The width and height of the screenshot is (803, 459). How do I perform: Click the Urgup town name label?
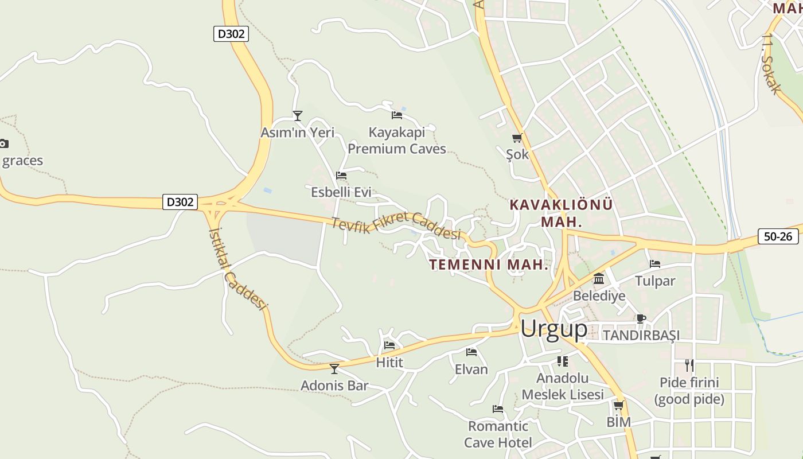(x=553, y=329)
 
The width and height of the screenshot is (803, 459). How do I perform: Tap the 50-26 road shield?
(x=778, y=236)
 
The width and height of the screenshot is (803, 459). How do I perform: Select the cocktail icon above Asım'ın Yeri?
(x=297, y=116)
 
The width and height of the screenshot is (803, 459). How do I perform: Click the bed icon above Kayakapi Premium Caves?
(x=397, y=115)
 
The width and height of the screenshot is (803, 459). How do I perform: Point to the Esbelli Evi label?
(x=341, y=192)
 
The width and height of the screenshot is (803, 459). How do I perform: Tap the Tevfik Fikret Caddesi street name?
(x=396, y=225)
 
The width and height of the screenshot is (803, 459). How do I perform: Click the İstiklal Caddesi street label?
(x=238, y=269)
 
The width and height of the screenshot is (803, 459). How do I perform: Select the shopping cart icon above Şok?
(x=517, y=138)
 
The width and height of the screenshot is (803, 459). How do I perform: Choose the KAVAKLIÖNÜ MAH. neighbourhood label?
(x=561, y=213)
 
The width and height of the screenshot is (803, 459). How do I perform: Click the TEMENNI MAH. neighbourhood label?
(x=489, y=264)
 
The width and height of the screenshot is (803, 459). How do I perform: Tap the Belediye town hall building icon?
(x=599, y=279)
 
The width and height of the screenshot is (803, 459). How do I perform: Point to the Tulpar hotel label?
(x=655, y=281)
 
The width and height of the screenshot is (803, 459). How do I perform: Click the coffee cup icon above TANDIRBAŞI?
(x=641, y=318)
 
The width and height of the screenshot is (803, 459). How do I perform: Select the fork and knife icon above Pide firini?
(x=689, y=365)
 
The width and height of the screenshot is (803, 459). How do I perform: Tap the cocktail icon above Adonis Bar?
(x=334, y=368)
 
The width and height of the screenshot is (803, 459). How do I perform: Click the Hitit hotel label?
(x=389, y=363)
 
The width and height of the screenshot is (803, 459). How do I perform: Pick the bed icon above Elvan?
(x=471, y=352)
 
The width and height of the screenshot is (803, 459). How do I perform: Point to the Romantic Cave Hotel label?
(x=498, y=434)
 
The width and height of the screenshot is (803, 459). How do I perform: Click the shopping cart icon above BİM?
(x=618, y=406)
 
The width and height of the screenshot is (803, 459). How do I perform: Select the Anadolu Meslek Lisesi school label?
(x=563, y=386)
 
